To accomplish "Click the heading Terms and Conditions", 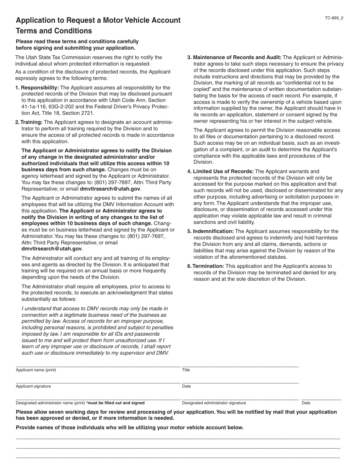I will click(x=53, y=31).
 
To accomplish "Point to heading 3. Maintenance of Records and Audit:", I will click(x=234, y=58).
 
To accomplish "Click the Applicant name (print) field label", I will click(x=36, y=370).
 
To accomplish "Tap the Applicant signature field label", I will click(x=33, y=386).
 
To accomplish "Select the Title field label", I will click(x=186, y=370).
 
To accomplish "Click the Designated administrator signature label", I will click(x=214, y=403).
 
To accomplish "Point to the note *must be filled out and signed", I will click(x=115, y=403).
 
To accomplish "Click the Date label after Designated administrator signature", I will click(x=306, y=403).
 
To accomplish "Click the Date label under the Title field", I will click(x=186, y=386).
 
